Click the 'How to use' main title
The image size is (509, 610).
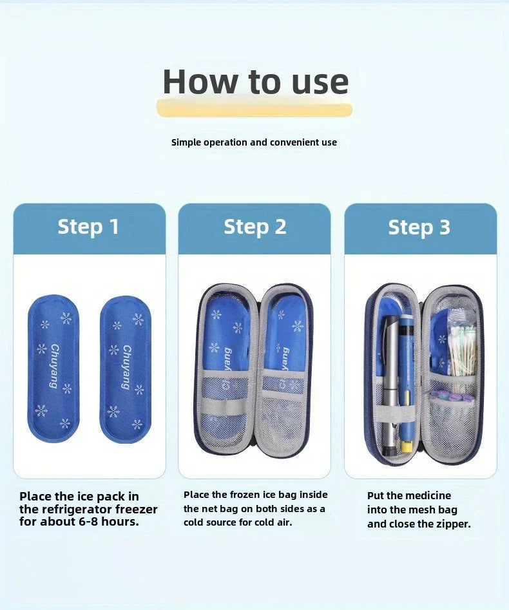(255, 82)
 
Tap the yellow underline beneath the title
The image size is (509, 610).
(254, 110)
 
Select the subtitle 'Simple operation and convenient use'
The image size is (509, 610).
(254, 142)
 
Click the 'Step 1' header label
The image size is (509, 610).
(88, 227)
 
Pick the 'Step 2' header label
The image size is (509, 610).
(254, 227)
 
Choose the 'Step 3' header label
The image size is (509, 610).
(419, 227)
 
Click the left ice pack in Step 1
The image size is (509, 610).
(53, 368)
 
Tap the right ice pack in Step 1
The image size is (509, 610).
(126, 368)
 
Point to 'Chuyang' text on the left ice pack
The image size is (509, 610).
(55, 366)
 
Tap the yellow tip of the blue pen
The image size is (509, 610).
(407, 446)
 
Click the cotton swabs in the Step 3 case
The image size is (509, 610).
(463, 351)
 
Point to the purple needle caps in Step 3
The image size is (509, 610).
(445, 396)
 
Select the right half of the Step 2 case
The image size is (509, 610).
(285, 370)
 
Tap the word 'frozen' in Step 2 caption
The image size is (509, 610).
(242, 495)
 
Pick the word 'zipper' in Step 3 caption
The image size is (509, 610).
(451, 524)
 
